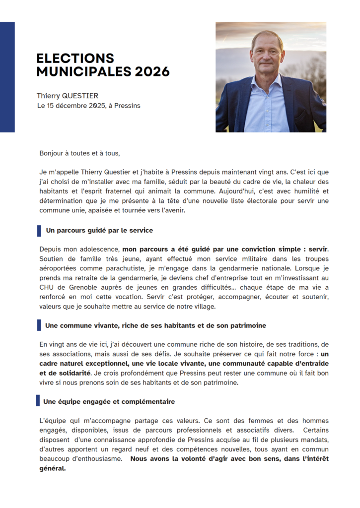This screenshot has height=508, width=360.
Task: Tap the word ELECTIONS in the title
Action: [x=75, y=59]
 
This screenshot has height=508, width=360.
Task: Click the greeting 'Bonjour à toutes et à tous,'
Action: [x=79, y=153]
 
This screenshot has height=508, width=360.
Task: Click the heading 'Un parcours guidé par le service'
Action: [x=99, y=231]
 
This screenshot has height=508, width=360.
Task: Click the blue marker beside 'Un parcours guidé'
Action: [x=39, y=231]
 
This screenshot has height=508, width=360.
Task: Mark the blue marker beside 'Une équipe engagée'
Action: [x=38, y=401]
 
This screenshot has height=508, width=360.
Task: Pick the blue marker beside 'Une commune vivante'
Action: [x=39, y=325]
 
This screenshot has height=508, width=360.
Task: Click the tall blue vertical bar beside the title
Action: [x=7, y=77]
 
